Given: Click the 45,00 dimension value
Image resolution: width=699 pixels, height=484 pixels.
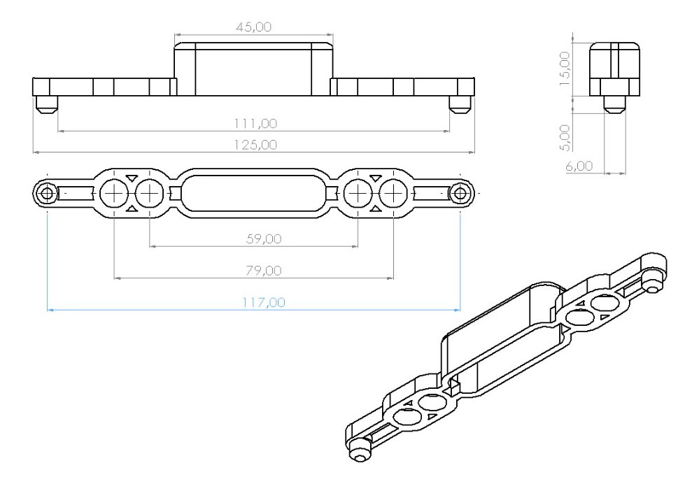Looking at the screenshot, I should pyautogui.click(x=253, y=27).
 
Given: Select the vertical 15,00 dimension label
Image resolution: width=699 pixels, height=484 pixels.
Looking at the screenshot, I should pyautogui.click(x=565, y=66).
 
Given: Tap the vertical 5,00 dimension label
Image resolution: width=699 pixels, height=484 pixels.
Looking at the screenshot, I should pyautogui.click(x=565, y=136).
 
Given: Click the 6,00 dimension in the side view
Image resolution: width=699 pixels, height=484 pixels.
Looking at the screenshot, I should pyautogui.click(x=579, y=166).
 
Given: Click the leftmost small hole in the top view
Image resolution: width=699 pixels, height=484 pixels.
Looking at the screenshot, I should pyautogui.click(x=46, y=193).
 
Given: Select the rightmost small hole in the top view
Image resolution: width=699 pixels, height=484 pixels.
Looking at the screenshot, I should pyautogui.click(x=460, y=193).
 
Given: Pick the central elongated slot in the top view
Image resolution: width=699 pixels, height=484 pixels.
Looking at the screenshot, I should pyautogui.click(x=253, y=193).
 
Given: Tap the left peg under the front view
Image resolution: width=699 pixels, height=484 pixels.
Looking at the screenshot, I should pyautogui.click(x=46, y=104).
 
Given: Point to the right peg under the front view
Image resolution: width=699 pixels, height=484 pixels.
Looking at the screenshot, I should pyautogui.click(x=460, y=104).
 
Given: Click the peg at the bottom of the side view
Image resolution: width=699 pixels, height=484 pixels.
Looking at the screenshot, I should pyautogui.click(x=614, y=104).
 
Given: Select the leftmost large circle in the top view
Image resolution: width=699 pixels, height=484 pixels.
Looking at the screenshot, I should pyautogui.click(x=113, y=193).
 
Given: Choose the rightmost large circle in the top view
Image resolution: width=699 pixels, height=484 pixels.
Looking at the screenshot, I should pyautogui.click(x=393, y=193).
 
